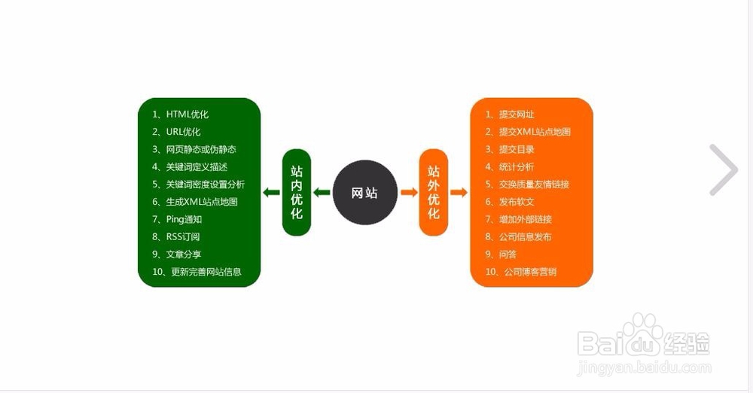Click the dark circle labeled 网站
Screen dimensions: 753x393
point(365,192)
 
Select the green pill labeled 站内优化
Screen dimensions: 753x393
point(296,192)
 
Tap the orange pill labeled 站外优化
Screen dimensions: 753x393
point(434,192)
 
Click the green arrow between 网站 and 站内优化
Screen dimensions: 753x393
point(322,193)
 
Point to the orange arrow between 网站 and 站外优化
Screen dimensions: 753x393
point(409,193)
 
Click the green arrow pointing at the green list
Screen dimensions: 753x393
point(271,193)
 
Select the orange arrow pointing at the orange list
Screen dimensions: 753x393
point(459,193)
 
